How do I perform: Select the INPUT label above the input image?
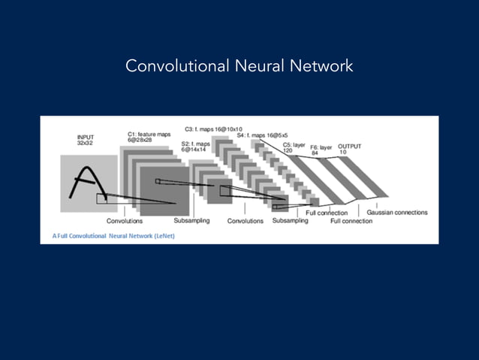tap(86, 137)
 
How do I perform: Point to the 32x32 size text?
tap(85, 143)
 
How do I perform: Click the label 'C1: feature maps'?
tap(149, 134)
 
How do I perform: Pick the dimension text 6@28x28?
tap(140, 140)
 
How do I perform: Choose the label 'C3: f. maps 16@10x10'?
tap(213, 129)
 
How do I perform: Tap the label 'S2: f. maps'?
tap(195, 144)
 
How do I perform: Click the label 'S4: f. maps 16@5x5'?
tap(262, 135)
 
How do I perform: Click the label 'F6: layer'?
tap(321, 147)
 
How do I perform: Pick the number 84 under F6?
tap(315, 153)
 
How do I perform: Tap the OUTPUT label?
tap(350, 147)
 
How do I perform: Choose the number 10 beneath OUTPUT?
tap(343, 153)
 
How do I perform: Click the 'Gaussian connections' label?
tap(396, 213)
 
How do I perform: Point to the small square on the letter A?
tap(101, 198)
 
